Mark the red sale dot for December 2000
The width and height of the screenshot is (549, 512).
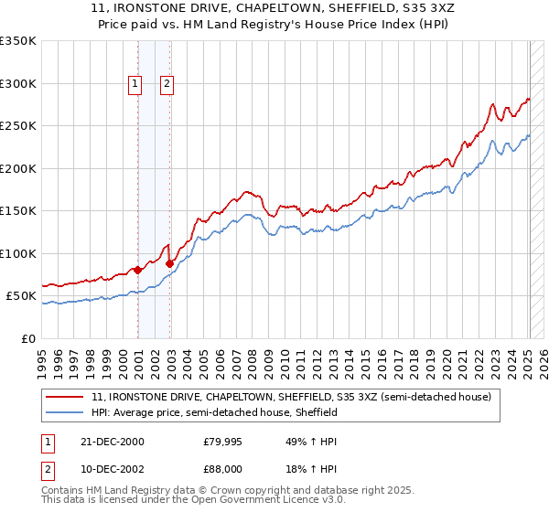[x=138, y=270]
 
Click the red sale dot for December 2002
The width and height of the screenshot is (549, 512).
[x=170, y=263]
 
